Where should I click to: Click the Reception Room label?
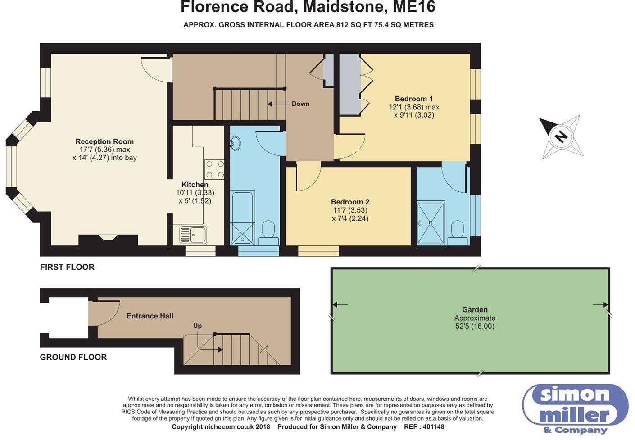tap(104, 141)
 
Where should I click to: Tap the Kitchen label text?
tap(195, 185)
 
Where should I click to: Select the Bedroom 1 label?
tap(414, 99)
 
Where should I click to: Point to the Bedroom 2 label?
tap(350, 202)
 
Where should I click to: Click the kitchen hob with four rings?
tap(214, 169)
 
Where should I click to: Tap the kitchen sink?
tap(193, 235)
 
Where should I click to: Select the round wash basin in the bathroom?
tap(235, 143)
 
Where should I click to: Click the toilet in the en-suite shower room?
tap(457, 233)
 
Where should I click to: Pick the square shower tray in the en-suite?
tap(431, 223)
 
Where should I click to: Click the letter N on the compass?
tap(561, 137)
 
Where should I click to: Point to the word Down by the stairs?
tap(300, 104)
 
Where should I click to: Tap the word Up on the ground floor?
tap(197, 326)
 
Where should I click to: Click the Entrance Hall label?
tap(150, 316)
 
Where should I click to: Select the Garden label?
tap(475, 309)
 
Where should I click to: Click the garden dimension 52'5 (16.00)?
tap(475, 326)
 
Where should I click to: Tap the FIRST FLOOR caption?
tap(67, 267)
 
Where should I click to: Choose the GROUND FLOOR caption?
tap(73, 357)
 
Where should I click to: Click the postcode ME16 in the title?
tap(414, 7)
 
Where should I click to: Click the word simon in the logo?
tap(575, 395)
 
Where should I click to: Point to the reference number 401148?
tap(433, 426)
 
